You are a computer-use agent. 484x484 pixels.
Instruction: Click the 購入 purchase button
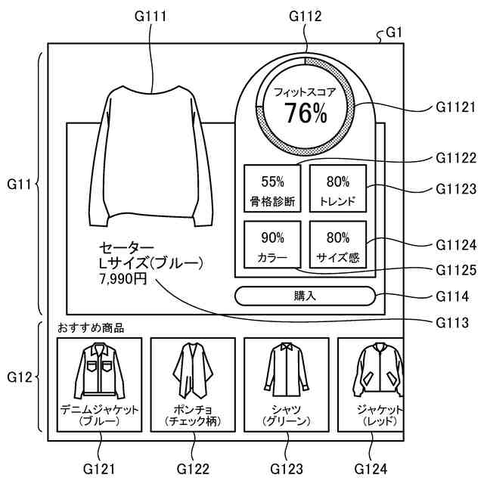tap(305, 296)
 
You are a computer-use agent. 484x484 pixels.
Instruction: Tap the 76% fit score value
tap(306, 113)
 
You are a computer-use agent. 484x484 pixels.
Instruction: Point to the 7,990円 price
tap(123, 279)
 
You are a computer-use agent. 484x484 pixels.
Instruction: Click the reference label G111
tap(152, 14)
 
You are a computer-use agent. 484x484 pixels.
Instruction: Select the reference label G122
tap(192, 469)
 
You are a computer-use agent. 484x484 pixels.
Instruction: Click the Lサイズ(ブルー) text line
tap(151, 263)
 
